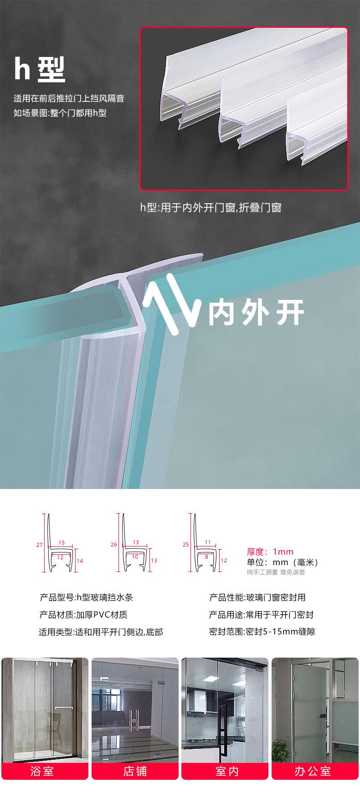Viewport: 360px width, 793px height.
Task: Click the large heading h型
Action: click(x=40, y=69)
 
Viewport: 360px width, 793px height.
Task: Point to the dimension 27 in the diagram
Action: click(x=39, y=544)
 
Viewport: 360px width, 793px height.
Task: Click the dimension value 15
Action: click(x=62, y=542)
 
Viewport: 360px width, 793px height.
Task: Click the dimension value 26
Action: click(x=114, y=544)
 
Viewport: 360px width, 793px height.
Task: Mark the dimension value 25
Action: click(x=185, y=544)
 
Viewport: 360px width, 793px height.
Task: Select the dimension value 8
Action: click(x=206, y=556)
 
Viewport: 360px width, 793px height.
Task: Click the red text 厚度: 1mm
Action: click(x=270, y=552)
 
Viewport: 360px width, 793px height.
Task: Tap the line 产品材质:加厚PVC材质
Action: click(x=83, y=615)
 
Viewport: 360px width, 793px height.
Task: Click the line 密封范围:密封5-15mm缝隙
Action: click(x=262, y=632)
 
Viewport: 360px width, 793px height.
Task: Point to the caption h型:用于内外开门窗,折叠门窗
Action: click(x=211, y=208)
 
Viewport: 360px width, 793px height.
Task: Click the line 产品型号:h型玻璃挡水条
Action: click(x=86, y=597)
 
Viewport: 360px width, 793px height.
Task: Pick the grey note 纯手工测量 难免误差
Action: click(x=276, y=572)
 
